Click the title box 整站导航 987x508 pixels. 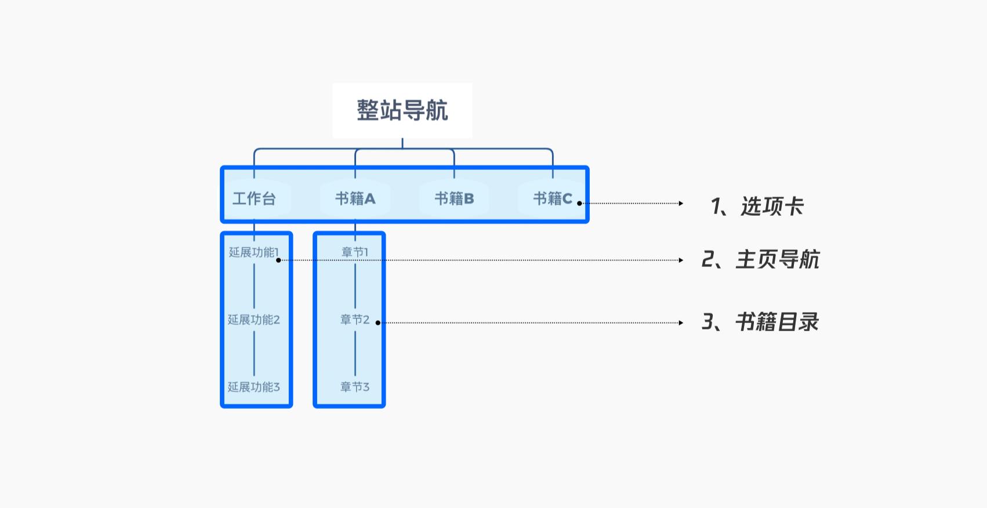coord(402,110)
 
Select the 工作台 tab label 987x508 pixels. coord(254,199)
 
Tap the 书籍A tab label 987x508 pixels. coord(355,199)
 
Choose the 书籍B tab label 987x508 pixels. coord(454,199)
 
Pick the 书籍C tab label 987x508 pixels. coord(553,199)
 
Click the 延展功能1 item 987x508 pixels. coord(253,252)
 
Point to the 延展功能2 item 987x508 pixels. coord(253,320)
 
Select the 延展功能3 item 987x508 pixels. coord(253,387)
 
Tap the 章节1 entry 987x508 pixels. coord(355,252)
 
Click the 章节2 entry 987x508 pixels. coord(355,320)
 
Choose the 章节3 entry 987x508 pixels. coord(355,387)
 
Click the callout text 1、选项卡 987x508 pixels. coord(757,206)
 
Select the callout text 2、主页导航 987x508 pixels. coord(760,259)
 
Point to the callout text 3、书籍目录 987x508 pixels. coord(760,322)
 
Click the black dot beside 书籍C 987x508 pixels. coord(579,204)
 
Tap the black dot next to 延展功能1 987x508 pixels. coord(278,260)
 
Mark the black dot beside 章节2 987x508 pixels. coord(378,323)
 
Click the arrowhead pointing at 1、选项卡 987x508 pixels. coord(681,204)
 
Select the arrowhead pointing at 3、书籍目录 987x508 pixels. coord(681,323)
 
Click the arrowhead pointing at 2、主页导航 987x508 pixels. coord(681,260)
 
